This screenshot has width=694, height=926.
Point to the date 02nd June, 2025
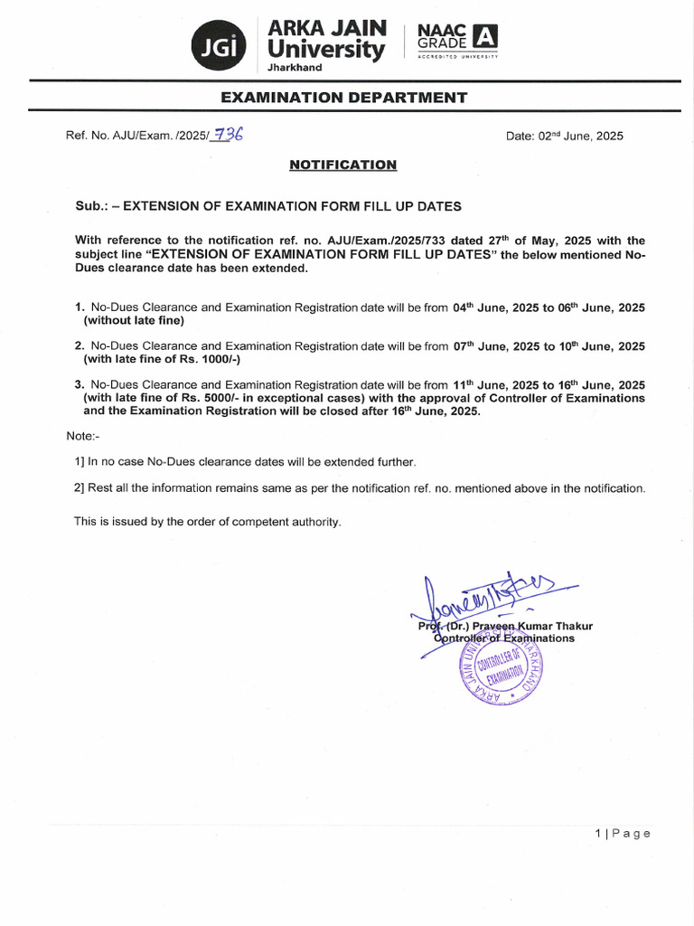click(564, 136)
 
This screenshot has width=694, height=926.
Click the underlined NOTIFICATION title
click(342, 165)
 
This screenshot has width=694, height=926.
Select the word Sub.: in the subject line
click(92, 206)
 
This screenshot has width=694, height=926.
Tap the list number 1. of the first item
click(80, 307)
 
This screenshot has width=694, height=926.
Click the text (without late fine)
click(134, 320)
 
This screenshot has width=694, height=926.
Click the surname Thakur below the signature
click(572, 626)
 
